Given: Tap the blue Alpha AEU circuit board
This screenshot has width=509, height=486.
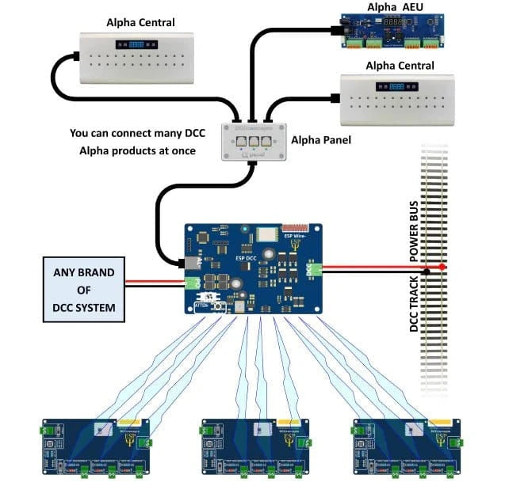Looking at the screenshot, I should click(x=393, y=32).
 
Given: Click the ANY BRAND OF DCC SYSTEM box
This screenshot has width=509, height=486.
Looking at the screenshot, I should click(x=85, y=290).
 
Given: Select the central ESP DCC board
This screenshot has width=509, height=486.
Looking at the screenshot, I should click(x=254, y=268).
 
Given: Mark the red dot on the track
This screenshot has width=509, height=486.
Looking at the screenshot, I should click(x=442, y=267).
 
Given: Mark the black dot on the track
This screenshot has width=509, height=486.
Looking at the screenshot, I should click(x=427, y=271).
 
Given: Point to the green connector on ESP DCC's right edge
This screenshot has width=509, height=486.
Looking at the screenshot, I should click(x=316, y=270).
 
